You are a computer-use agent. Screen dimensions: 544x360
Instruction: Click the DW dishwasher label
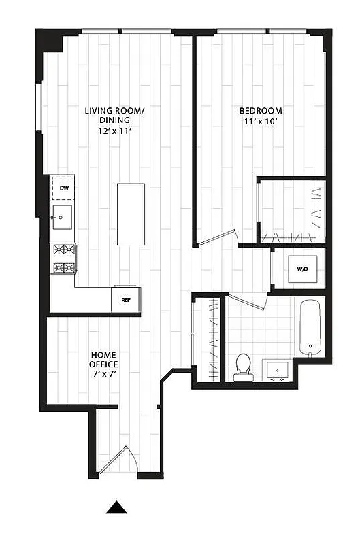[x=64, y=187]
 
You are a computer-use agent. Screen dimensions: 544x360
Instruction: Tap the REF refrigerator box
[x=126, y=299]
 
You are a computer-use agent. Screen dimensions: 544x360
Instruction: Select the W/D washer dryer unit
[x=301, y=269]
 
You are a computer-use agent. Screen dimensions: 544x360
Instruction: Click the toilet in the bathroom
[x=242, y=367]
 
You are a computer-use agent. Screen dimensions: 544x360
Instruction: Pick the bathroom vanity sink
[x=279, y=371]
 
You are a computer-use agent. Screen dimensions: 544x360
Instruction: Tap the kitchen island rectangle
[x=131, y=214]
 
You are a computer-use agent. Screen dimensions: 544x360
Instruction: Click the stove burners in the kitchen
[x=64, y=258]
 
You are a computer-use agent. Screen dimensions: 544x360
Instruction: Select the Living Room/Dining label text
[x=114, y=116]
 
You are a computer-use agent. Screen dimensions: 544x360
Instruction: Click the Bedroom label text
[x=261, y=111]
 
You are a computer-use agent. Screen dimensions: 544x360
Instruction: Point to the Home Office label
[x=103, y=360]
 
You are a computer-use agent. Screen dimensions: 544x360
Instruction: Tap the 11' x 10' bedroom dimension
[x=261, y=122]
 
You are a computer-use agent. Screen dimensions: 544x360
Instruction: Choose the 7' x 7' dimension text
[x=103, y=373]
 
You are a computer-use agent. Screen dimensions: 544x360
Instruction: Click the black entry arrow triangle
[x=118, y=507]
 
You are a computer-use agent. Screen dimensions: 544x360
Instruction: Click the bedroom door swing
[x=216, y=237]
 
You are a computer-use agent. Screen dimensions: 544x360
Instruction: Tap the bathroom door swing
[x=246, y=301]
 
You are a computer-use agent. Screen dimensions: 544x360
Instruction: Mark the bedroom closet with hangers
[x=291, y=211]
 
